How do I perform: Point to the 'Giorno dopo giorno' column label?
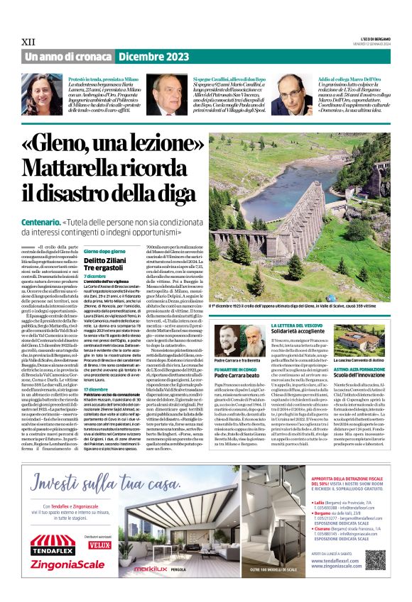pyautogui.click(x=105, y=251)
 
